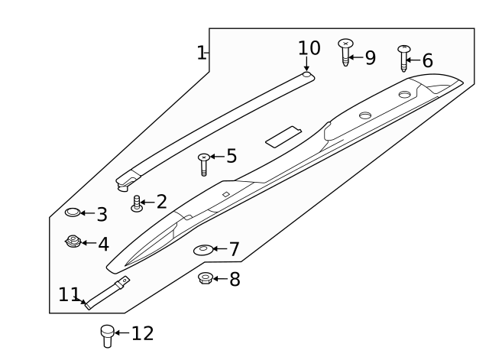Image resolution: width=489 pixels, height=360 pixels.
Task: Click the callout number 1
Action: coord(201,53)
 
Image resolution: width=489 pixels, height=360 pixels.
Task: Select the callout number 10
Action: coord(309,48)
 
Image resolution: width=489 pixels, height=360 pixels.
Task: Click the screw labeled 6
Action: coord(404,57)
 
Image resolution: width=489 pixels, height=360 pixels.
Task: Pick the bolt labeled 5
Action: coord(203,164)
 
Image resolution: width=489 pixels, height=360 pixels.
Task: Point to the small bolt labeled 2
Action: coord(138,204)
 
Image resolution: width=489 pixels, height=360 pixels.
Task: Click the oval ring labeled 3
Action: coord(73,212)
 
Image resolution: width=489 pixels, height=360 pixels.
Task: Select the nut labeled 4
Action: coord(73,243)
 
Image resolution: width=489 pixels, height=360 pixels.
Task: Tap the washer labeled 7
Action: coord(204,250)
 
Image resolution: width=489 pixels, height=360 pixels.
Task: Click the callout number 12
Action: coord(142,333)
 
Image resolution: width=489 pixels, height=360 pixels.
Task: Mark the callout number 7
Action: coord(234,249)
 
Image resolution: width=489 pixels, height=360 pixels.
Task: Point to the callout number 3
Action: coord(101,215)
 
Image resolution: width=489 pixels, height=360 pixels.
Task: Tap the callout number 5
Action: coord(231,157)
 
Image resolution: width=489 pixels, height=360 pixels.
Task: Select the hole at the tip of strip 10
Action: coord(306,76)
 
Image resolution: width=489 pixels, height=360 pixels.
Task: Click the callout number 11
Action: coord(69,294)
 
